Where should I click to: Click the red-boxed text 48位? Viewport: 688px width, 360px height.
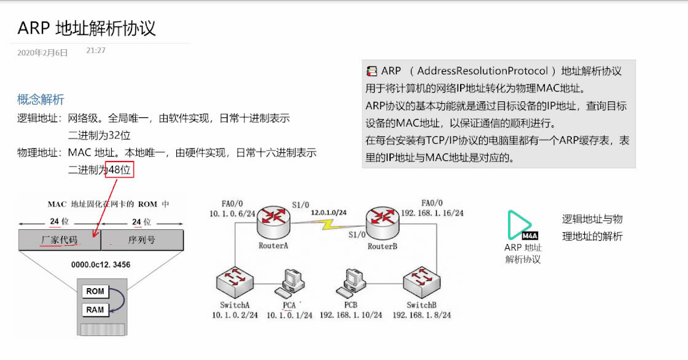tap(119, 170)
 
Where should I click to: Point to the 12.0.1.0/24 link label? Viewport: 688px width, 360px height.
tap(329, 213)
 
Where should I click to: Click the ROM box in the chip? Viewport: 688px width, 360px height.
tap(95, 291)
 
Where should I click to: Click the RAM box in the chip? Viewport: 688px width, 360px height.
tap(95, 310)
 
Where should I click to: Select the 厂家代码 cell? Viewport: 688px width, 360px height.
tap(60, 240)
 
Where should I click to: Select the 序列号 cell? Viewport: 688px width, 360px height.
tap(141, 240)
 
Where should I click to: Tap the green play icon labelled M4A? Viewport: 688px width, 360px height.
tap(520, 225)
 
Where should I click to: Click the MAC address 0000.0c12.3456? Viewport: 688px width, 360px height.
tap(101, 265)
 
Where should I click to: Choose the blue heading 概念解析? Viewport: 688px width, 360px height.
tap(41, 100)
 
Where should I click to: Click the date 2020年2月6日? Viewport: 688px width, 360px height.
tap(42, 53)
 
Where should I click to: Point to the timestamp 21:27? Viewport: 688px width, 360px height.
tap(96, 50)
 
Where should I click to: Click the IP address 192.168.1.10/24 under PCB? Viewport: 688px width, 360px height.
tap(351, 315)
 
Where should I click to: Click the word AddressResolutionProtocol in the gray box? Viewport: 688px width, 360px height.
tap(482, 71)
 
